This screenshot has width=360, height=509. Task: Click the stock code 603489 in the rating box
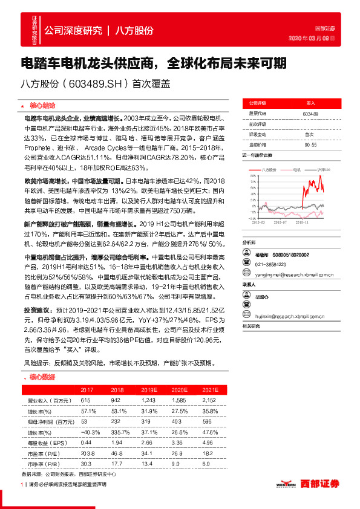311,113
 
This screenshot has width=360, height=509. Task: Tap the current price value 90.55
311,144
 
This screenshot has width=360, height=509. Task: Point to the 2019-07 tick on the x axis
282,223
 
